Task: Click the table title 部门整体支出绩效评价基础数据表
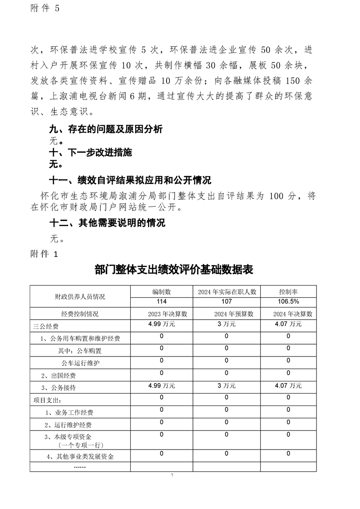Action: [174, 270]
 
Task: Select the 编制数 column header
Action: [161, 292]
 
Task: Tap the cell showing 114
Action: [161, 302]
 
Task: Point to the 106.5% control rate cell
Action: [288, 302]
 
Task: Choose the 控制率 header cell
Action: [288, 292]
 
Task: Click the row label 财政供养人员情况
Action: [80, 297]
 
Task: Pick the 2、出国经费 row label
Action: [58, 376]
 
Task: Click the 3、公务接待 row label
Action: [58, 388]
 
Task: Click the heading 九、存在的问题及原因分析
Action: [106, 129]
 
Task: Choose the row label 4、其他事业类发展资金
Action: [79, 456]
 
